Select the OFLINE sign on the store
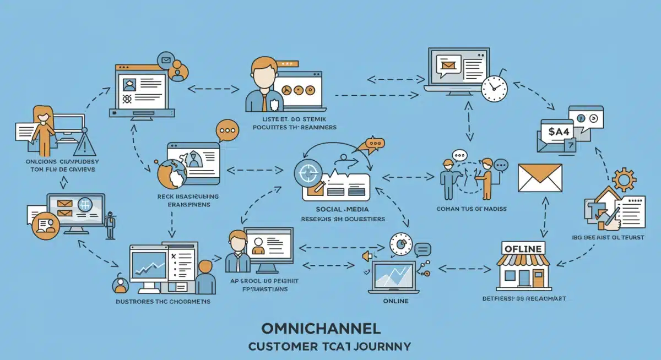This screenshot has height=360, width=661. pos(523,248)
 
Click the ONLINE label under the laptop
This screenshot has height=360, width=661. pos(395,301)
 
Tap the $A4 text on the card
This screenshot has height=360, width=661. pos(557,132)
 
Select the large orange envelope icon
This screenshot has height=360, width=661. pos(540,177)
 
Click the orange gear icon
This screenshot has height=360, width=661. pos(624,179)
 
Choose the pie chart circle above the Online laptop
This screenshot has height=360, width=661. pos(400,245)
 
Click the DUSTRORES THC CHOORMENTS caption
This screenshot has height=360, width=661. pos(163,302)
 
